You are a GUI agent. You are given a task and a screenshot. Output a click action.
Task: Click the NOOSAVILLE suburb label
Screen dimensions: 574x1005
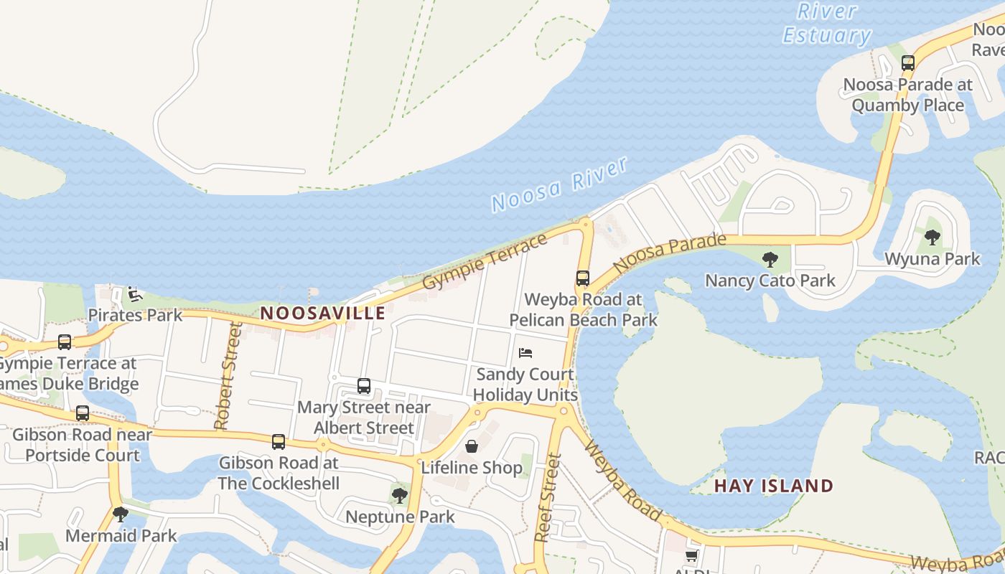click(323, 314)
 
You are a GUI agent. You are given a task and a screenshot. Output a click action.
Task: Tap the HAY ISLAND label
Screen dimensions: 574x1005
click(774, 486)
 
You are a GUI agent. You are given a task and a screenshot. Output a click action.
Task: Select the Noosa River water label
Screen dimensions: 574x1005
click(560, 184)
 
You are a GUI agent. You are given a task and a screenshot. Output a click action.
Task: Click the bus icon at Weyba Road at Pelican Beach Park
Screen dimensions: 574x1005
click(583, 278)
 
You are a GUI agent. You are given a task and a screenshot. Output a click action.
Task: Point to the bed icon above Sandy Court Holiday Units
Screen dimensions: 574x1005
click(525, 353)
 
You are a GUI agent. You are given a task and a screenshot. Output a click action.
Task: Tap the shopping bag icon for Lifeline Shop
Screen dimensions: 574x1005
click(472, 446)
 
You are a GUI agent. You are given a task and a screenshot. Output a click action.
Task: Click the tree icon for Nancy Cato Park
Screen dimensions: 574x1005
click(770, 259)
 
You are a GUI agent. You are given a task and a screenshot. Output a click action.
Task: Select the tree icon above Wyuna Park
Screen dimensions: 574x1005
click(932, 237)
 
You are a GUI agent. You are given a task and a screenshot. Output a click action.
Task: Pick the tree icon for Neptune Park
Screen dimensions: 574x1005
click(400, 495)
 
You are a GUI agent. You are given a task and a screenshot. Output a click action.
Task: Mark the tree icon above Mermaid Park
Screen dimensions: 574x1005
click(121, 514)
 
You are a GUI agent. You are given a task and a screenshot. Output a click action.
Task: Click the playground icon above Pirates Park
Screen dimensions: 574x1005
click(134, 294)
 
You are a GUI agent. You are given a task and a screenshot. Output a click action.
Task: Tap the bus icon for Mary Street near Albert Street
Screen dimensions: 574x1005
click(364, 386)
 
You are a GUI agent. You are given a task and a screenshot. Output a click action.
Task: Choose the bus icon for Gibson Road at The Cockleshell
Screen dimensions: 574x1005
click(279, 442)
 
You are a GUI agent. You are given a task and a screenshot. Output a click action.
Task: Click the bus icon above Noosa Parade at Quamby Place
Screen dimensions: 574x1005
click(908, 63)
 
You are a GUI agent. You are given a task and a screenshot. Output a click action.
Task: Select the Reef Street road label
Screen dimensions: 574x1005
click(548, 497)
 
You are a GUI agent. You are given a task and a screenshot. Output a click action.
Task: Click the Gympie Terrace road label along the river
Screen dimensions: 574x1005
click(485, 262)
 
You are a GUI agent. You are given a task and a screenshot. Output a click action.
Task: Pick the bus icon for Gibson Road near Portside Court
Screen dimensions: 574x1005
click(83, 413)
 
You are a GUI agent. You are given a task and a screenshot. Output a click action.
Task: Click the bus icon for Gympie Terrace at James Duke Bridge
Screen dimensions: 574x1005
click(65, 342)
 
